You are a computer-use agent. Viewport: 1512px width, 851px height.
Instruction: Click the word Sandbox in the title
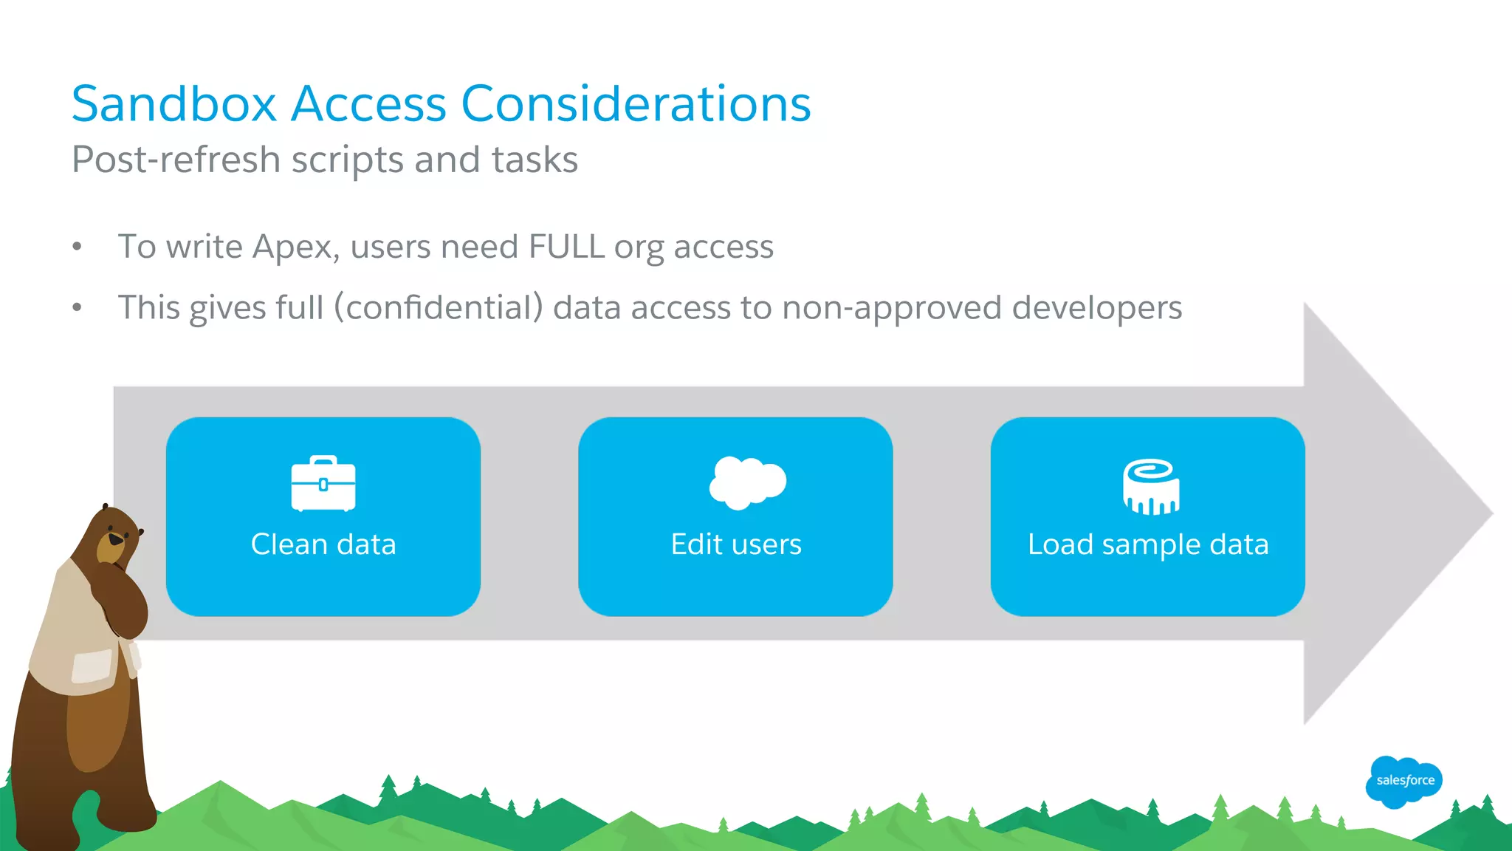(173, 103)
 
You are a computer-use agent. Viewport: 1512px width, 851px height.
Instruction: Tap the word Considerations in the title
(636, 103)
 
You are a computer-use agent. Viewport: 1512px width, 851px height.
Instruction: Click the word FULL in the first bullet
(566, 246)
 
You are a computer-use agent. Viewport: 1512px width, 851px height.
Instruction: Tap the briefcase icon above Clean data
(323, 484)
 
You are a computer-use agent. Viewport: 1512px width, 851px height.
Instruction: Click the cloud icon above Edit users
(747, 482)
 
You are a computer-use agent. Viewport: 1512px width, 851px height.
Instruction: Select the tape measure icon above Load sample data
(1150, 486)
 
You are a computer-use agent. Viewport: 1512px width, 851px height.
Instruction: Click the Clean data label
(323, 544)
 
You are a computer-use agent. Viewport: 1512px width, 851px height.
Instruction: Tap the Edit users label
(735, 544)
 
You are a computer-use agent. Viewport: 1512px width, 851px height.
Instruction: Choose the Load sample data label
(1148, 544)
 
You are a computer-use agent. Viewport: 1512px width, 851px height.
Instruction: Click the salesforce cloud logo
(1404, 781)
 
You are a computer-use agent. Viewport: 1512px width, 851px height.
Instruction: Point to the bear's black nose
(116, 540)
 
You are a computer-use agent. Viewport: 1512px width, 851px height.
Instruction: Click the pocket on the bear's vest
(92, 666)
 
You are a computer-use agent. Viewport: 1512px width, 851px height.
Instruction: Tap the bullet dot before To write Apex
(77, 247)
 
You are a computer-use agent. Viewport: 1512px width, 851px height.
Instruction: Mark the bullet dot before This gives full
(77, 307)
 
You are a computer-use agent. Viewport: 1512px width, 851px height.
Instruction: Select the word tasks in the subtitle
(535, 160)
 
